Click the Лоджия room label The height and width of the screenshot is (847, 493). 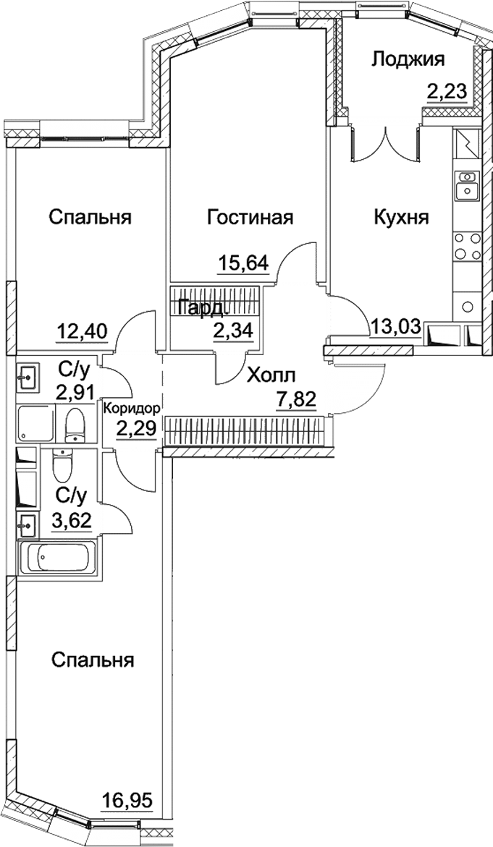tap(408, 59)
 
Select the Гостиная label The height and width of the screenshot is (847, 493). tap(250, 217)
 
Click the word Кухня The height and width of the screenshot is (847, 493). tap(401, 217)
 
